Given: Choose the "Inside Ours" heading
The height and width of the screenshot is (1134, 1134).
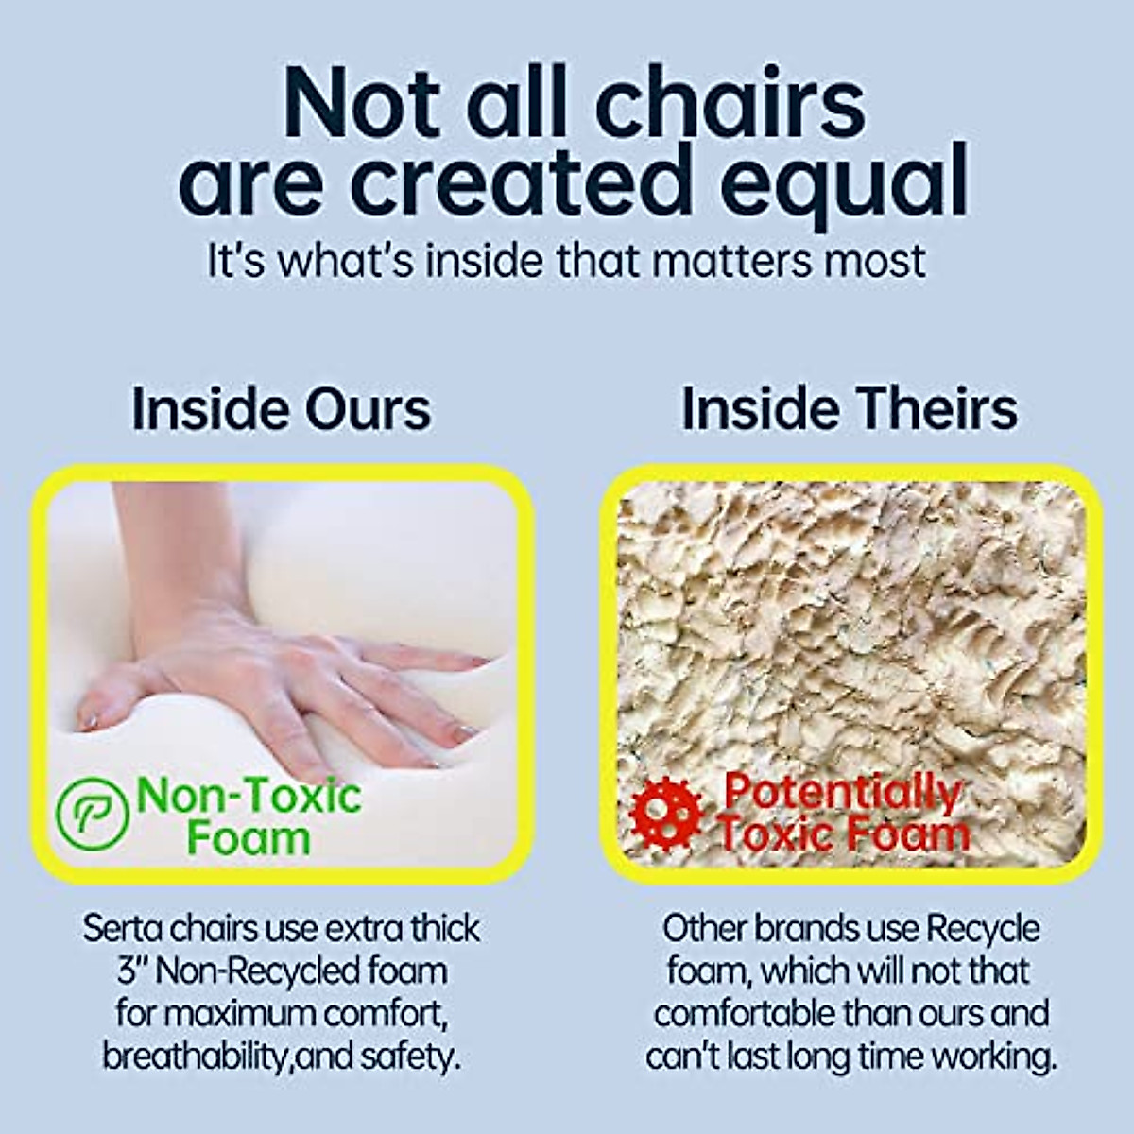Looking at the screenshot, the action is (282, 409).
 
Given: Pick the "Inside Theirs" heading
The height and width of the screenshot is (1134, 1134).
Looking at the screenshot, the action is (850, 409).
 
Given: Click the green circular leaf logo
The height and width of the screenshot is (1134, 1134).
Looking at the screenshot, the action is (92, 814).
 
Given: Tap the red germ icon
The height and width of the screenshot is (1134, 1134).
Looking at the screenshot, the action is (666, 815).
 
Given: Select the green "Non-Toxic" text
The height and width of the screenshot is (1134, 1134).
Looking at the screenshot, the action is (249, 795).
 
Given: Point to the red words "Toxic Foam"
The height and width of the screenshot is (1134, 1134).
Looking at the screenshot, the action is (843, 834).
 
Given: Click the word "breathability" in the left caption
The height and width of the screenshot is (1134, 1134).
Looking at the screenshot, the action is (198, 1057).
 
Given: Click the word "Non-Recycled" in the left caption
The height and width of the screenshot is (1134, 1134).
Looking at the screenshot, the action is (258, 972).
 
